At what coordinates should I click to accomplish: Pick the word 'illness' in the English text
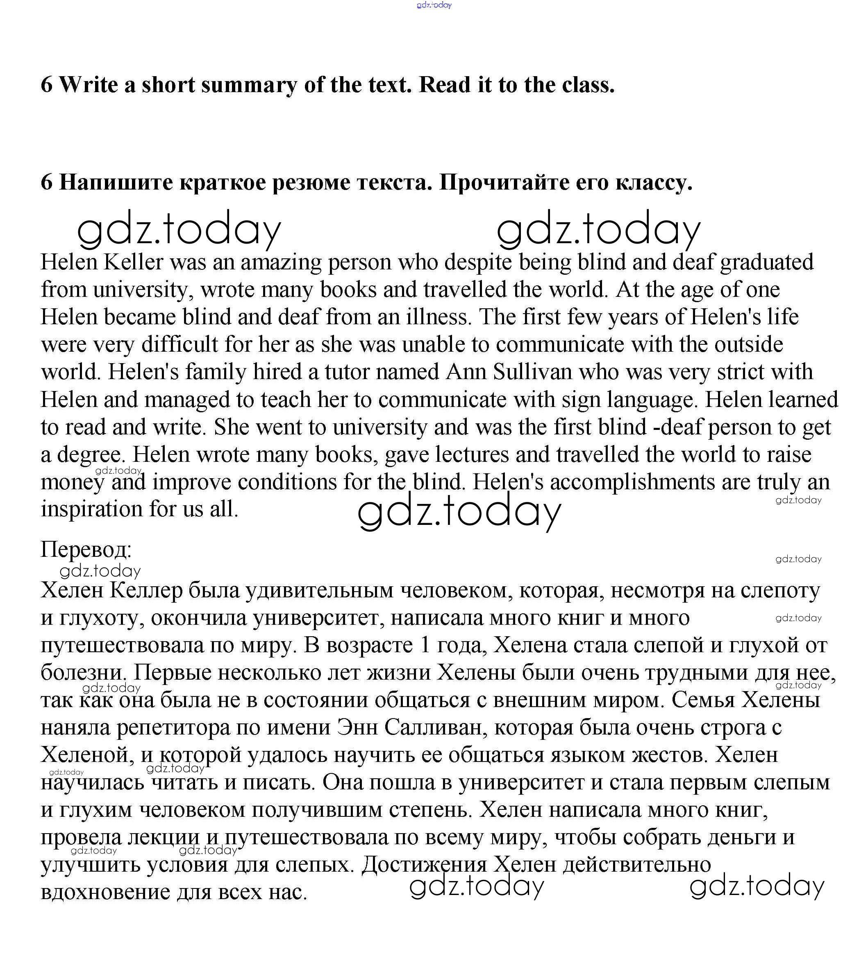[439, 317]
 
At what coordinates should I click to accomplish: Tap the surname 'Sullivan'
[532, 372]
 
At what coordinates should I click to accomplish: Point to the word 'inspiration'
[91, 510]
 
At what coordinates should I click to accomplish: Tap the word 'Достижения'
[424, 866]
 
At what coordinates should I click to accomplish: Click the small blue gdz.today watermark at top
[434, 5]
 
